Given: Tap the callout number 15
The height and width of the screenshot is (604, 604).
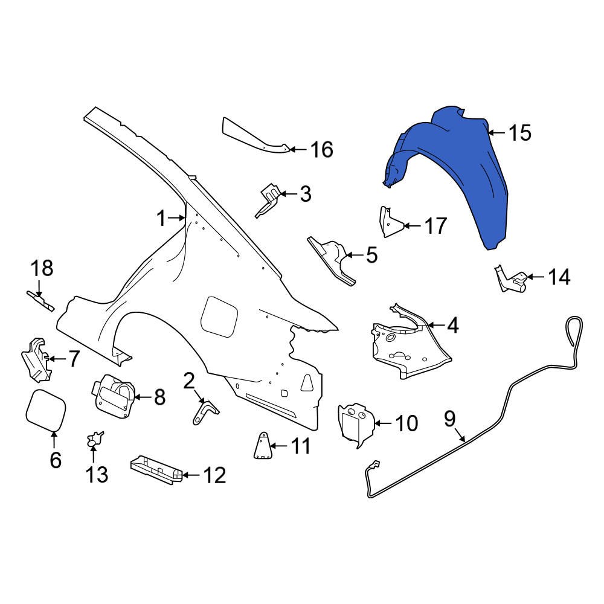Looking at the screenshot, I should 519,133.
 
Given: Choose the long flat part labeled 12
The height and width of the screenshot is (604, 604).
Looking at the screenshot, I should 156,469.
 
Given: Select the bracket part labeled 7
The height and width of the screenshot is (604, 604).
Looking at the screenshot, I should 36,360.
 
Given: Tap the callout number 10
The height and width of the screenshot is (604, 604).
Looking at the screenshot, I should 406,423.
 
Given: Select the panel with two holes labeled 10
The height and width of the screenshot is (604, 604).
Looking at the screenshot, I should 357,423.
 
